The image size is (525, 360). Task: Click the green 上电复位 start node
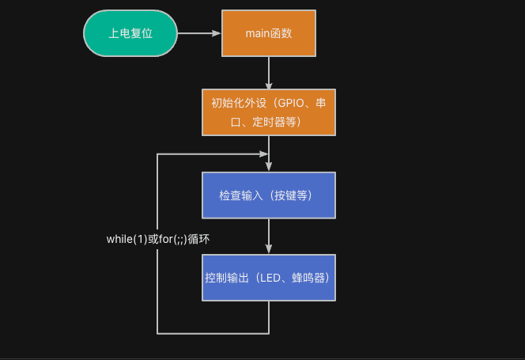(x=130, y=33)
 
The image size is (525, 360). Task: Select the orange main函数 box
(x=269, y=33)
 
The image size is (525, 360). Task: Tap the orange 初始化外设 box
(x=269, y=112)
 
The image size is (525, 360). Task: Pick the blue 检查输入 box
(x=269, y=195)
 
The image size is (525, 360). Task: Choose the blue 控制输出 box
(x=269, y=278)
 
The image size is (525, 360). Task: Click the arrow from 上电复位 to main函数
(x=199, y=33)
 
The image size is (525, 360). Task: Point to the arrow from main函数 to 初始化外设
(x=269, y=72)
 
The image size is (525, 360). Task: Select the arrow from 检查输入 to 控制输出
(x=269, y=236)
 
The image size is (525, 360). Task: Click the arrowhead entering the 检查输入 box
(x=269, y=167)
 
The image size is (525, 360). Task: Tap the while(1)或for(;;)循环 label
(x=157, y=239)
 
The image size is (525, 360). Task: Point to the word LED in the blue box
(x=270, y=279)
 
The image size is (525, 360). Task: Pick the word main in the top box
(x=258, y=34)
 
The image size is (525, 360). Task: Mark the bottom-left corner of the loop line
(x=158, y=332)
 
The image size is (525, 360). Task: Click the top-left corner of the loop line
(x=158, y=154)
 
